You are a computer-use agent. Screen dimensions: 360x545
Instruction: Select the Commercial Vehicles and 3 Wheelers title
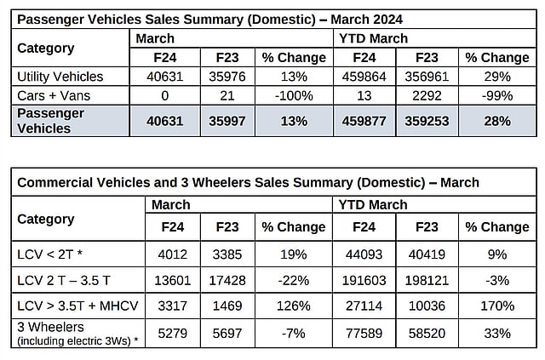click(248, 182)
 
